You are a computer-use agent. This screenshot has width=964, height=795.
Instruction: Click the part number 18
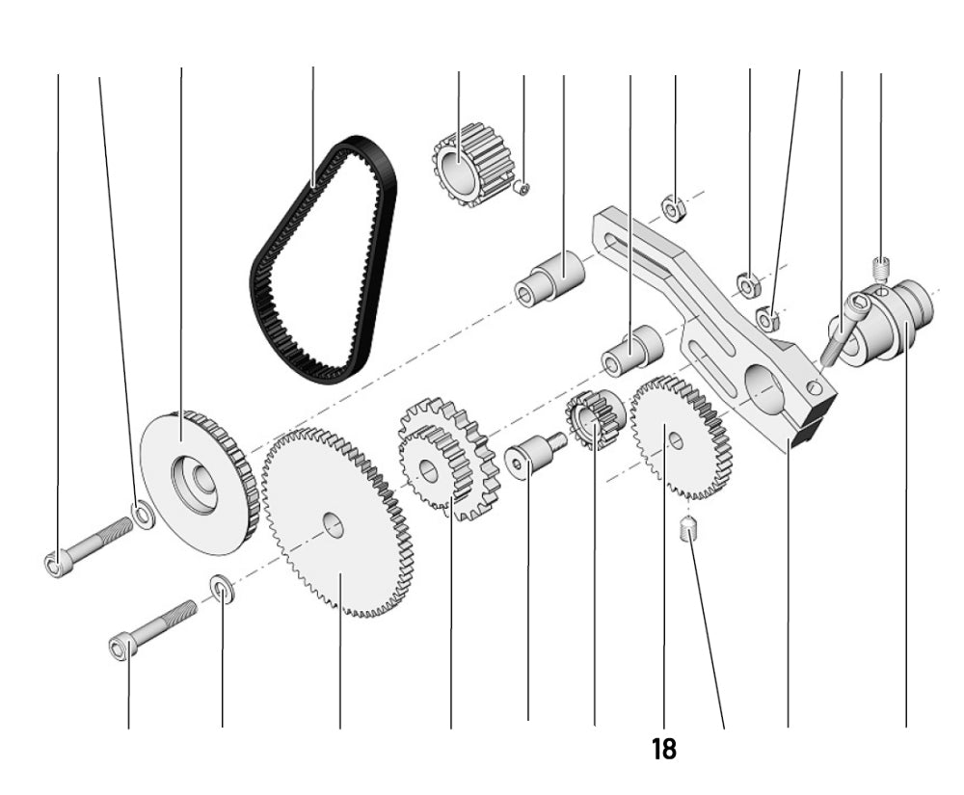664,749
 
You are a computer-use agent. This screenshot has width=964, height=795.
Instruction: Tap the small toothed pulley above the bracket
470,164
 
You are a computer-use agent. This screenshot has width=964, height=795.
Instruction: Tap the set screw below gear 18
688,529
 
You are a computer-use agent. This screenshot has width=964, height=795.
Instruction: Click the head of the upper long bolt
55,563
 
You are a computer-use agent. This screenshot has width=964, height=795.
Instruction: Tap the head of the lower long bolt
120,650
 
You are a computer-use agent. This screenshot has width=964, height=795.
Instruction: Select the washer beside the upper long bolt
143,516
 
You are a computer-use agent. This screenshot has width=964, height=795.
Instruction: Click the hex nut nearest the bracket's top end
672,205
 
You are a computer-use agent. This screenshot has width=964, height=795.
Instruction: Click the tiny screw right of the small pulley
522,188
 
